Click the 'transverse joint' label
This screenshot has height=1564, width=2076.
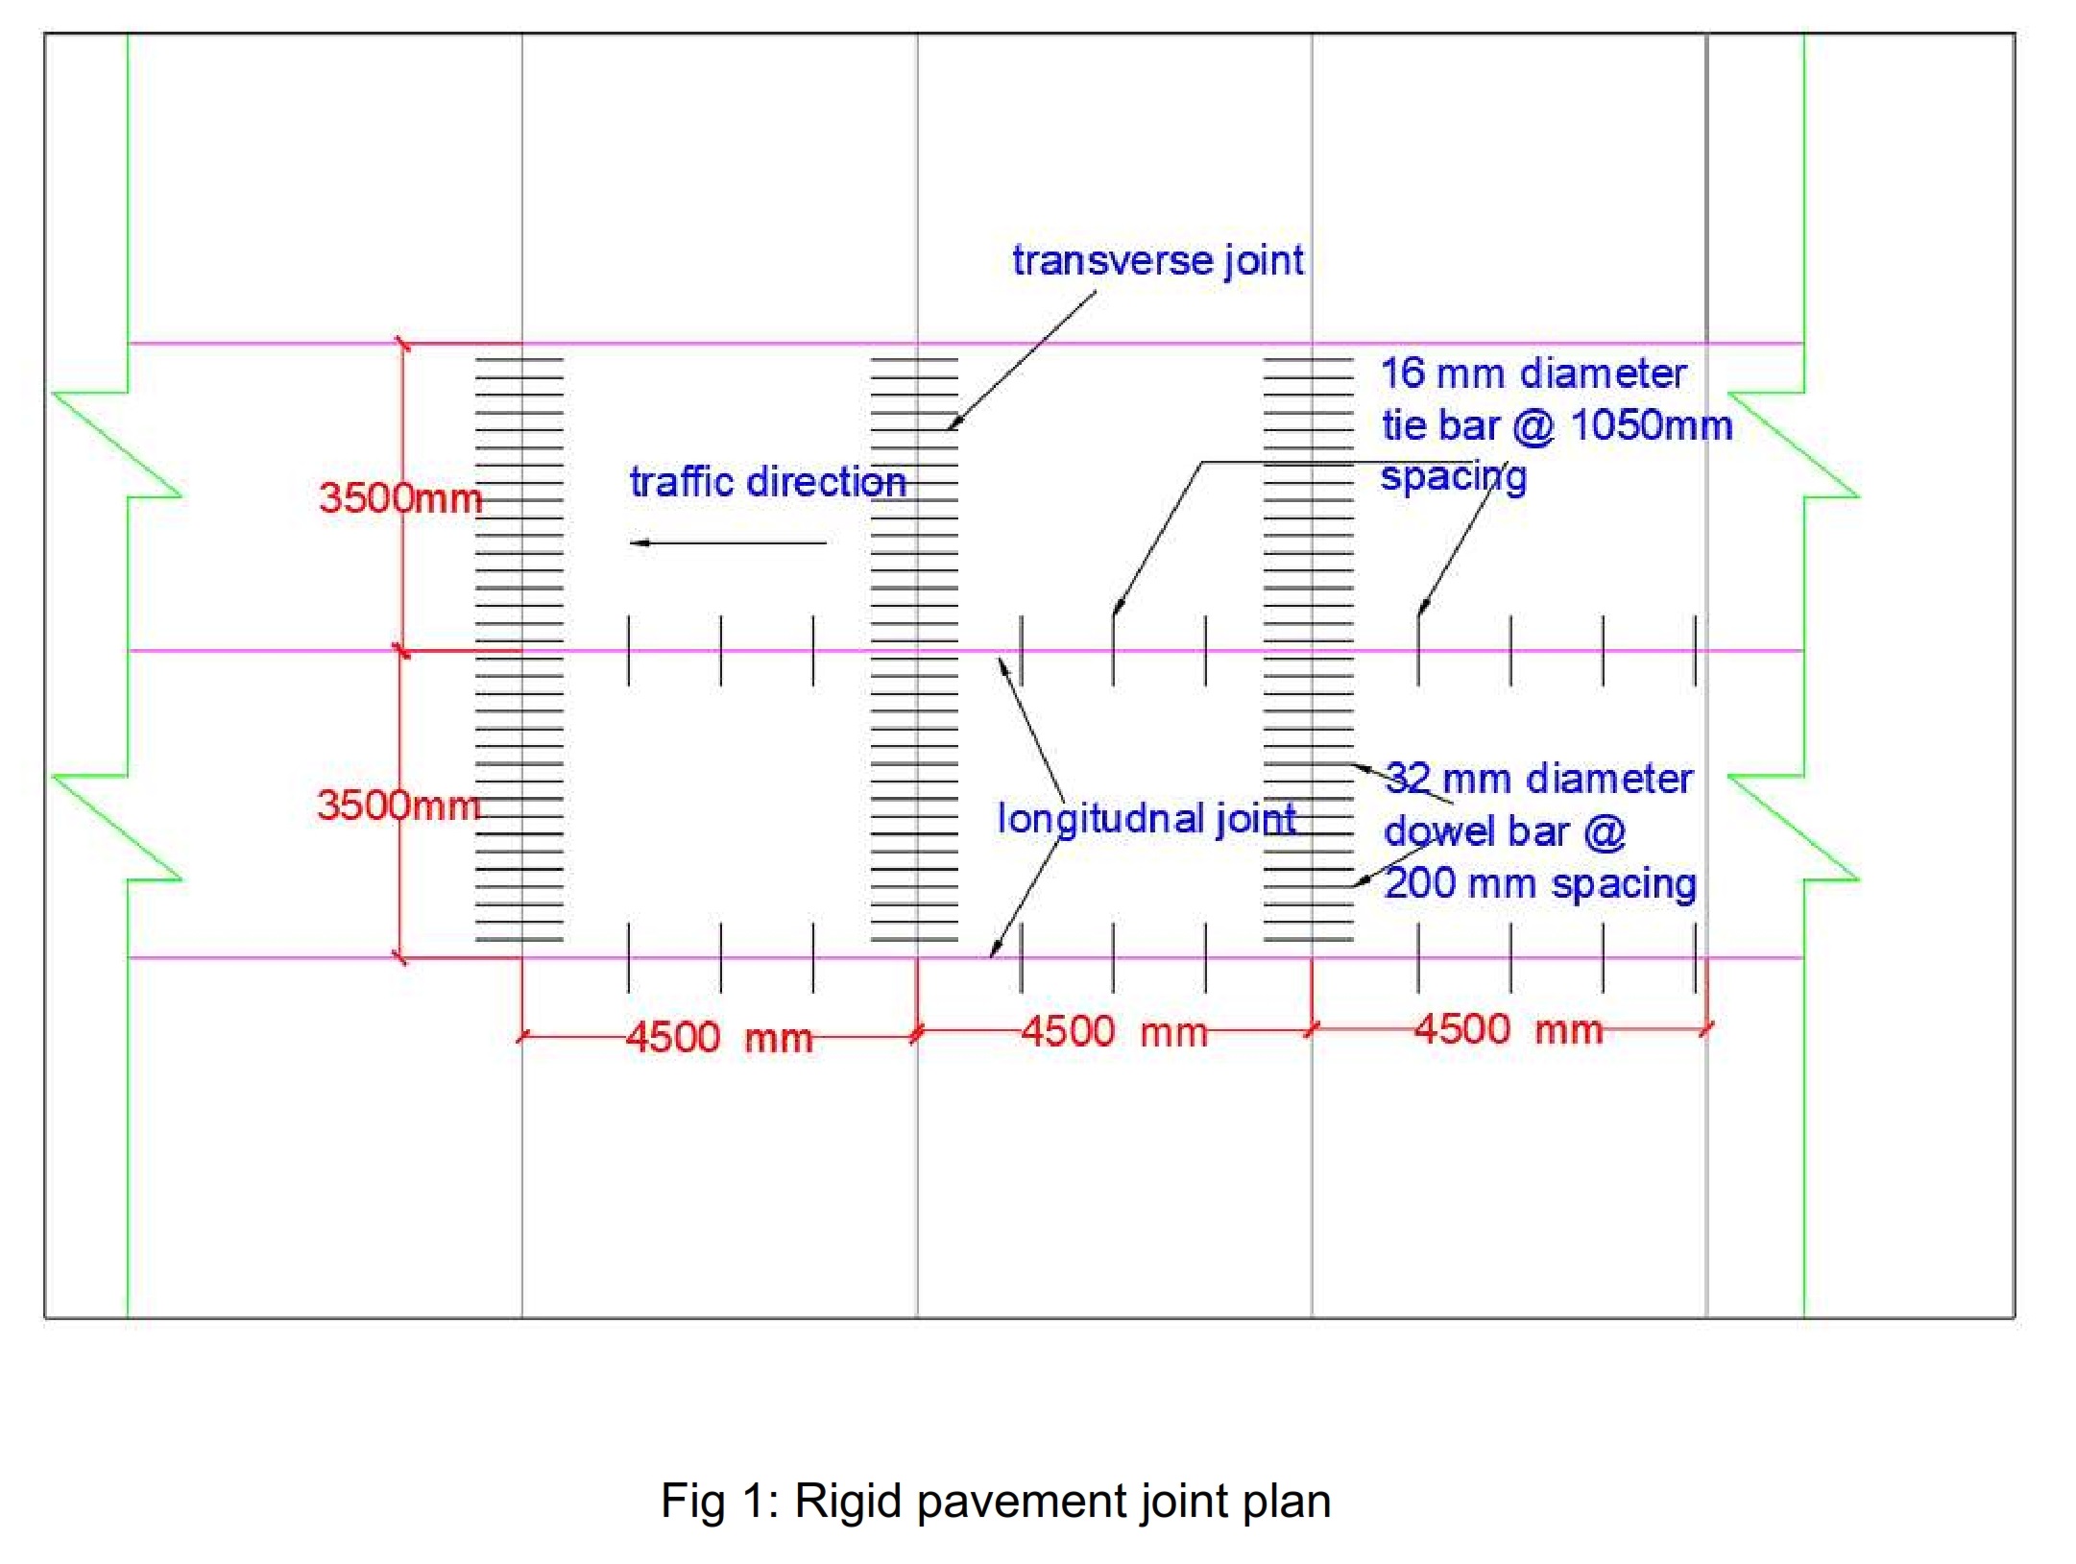coord(1157,261)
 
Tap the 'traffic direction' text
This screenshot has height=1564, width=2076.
coord(767,482)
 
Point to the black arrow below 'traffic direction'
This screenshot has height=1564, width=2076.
coord(728,543)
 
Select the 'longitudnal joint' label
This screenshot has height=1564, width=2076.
coord(1147,820)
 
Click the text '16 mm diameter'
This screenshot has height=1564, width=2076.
coord(1533,373)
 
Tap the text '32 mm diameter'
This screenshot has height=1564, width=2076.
coord(1539,779)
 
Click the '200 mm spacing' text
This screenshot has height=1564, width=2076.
coord(1540,884)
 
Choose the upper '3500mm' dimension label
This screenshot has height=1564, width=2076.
coord(400,498)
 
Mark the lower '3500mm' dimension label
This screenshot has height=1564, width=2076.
coord(398,806)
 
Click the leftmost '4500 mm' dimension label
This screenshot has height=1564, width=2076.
coord(719,1038)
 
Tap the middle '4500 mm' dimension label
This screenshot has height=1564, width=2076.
coord(1114,1033)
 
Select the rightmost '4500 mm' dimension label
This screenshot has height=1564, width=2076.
coord(1509,1030)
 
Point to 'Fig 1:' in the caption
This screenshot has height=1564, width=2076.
coord(719,1501)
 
